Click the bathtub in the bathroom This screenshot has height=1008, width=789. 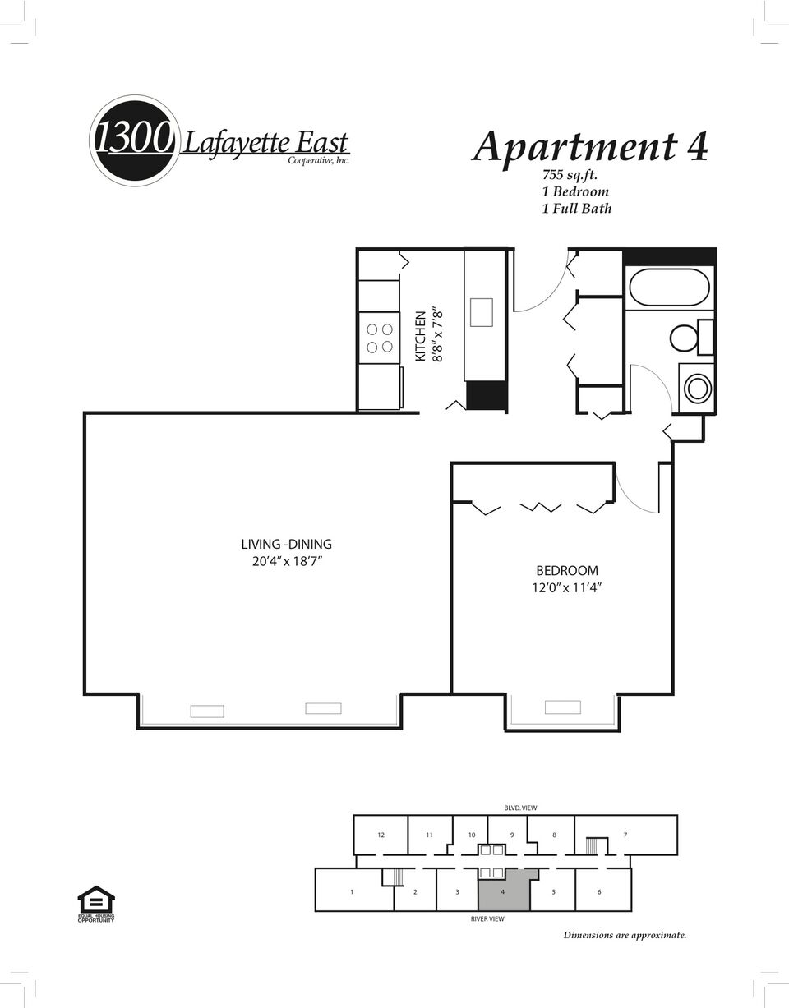(x=669, y=288)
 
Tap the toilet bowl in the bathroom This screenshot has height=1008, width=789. (x=685, y=338)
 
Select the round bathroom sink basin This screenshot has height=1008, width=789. (x=697, y=388)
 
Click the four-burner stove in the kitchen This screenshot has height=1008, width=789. (x=380, y=338)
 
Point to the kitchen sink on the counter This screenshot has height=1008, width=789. (x=482, y=312)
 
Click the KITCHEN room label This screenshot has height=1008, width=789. (x=420, y=336)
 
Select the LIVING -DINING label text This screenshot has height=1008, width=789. (x=286, y=544)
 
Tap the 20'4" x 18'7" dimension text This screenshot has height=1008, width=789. (x=287, y=562)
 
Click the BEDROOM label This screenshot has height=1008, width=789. (x=567, y=571)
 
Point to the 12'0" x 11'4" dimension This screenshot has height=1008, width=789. (x=567, y=588)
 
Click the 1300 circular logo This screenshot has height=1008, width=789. (x=134, y=140)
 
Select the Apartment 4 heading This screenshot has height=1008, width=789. (x=589, y=147)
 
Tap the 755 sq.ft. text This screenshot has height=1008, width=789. (x=570, y=175)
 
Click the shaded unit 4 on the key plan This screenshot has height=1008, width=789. (x=503, y=891)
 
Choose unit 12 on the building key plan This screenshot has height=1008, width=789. (x=381, y=835)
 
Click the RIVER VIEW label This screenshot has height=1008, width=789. (x=487, y=919)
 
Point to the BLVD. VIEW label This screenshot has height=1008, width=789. (x=520, y=808)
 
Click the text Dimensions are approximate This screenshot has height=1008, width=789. (x=625, y=935)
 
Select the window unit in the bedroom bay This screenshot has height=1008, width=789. (x=563, y=707)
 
